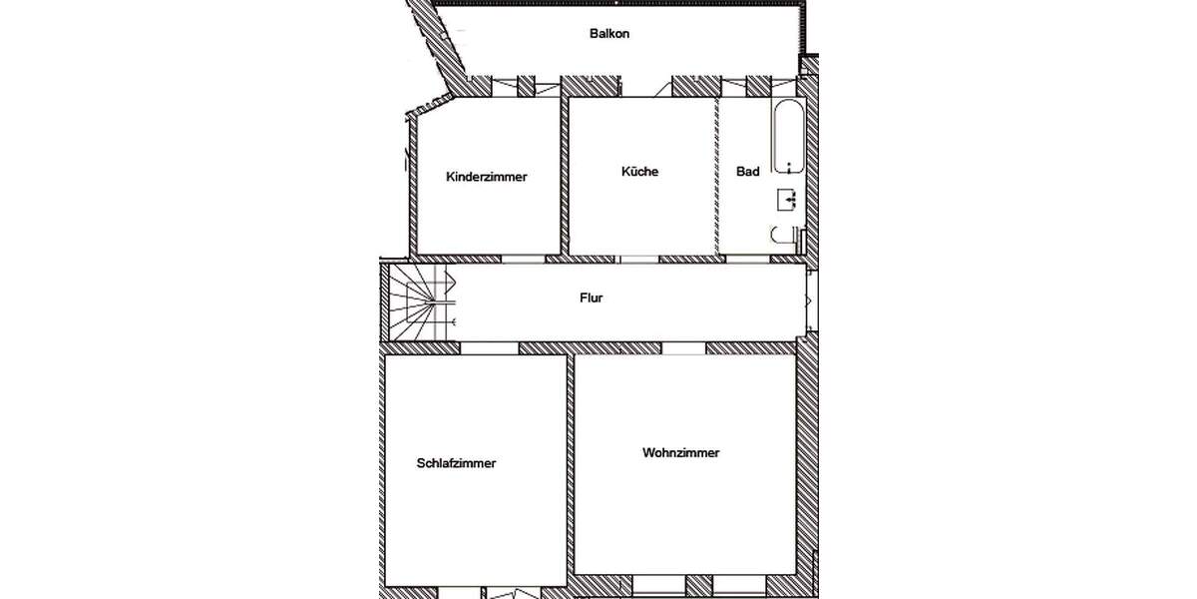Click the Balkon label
click(609, 33)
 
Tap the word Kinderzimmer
click(487, 177)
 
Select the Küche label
click(639, 172)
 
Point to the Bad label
click(748, 172)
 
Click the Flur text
click(592, 298)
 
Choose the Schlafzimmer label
click(456, 463)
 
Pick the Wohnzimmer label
click(681, 452)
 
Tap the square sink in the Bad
click(787, 200)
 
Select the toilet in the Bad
click(784, 237)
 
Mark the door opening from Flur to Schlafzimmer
click(488, 348)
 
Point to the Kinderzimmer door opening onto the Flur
click(523, 259)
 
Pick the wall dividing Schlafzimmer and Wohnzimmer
click(572, 469)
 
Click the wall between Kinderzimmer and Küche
click(564, 175)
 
